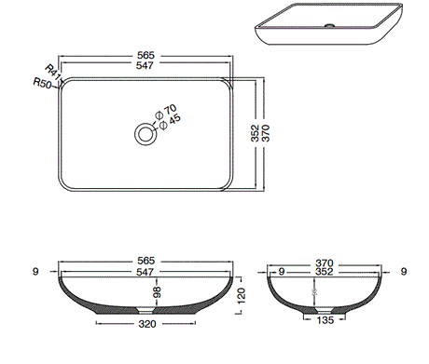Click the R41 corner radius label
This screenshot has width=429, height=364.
point(51,72)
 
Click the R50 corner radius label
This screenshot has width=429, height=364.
point(41,83)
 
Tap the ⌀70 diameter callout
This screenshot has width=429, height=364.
point(170,110)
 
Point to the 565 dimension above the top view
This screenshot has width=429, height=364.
point(145,57)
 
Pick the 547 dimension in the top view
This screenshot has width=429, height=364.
point(145,68)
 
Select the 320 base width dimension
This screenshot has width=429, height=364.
point(145,326)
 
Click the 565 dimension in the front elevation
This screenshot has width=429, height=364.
point(145,262)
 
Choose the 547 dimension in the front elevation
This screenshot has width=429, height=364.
point(145,274)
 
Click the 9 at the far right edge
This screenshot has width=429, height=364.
point(403,272)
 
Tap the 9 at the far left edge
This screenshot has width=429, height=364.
point(34,272)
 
